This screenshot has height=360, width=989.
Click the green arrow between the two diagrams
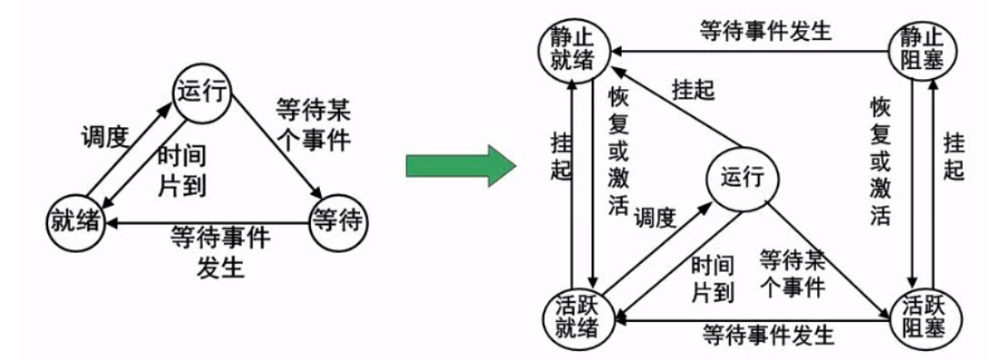point(459,164)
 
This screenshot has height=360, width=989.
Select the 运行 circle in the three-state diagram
point(202,94)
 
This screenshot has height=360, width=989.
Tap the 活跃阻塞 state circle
point(921,314)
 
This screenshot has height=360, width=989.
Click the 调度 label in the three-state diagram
point(104,135)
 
